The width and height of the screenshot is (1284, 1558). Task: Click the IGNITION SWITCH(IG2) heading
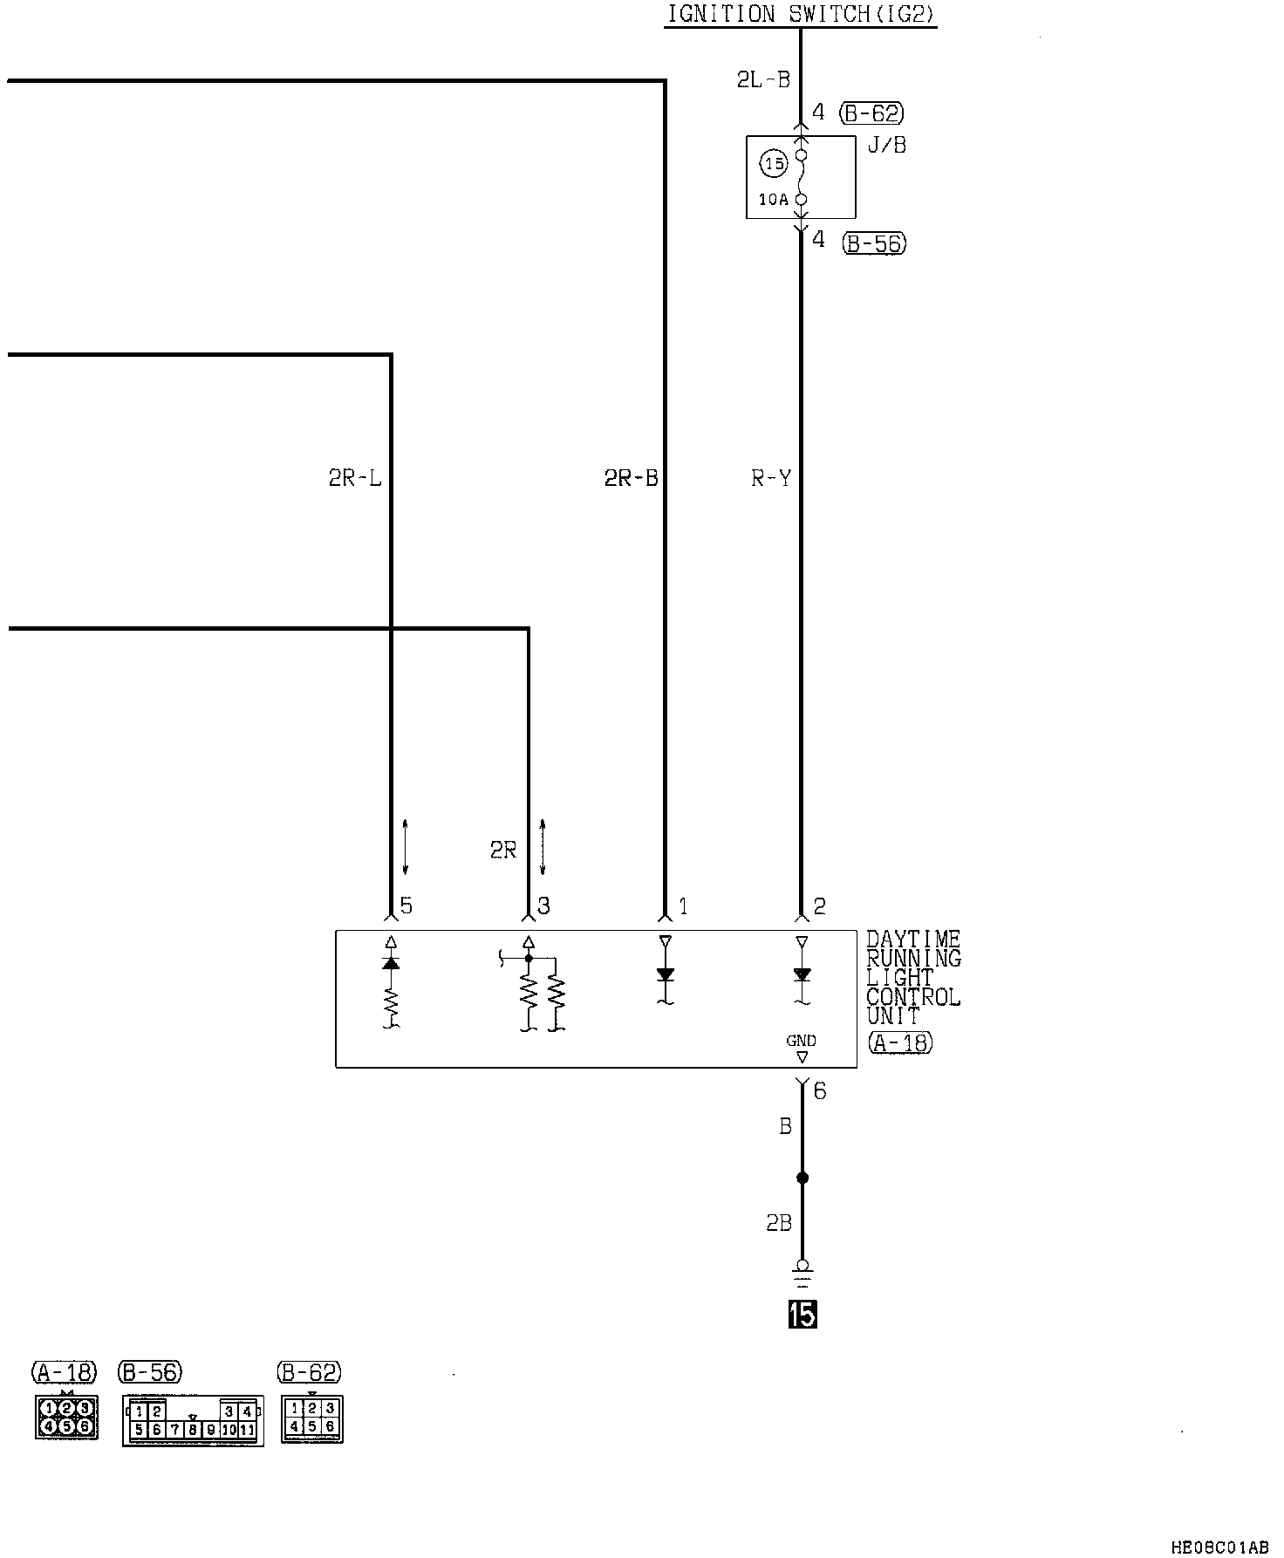[x=800, y=14]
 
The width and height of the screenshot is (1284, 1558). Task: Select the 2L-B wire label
[x=763, y=80]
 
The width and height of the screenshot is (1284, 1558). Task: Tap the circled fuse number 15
[x=774, y=163]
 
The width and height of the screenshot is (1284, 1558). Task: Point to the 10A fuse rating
[x=773, y=200]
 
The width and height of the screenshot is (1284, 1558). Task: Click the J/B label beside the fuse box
[x=887, y=146]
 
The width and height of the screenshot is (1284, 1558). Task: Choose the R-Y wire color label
[x=771, y=478]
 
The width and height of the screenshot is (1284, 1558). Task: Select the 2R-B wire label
[x=631, y=478]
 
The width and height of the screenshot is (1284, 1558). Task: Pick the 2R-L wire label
[x=355, y=478]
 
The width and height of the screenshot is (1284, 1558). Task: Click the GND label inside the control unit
[x=801, y=1041]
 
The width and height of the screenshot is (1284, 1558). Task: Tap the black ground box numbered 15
[x=802, y=1314]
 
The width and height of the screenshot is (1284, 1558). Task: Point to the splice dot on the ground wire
[x=802, y=1178]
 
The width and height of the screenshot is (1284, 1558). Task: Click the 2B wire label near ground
[x=779, y=1224]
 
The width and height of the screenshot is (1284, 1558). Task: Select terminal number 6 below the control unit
[x=819, y=1091]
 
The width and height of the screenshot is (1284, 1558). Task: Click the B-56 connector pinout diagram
[x=193, y=1420]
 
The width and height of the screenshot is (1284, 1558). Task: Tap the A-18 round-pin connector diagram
[x=66, y=1417]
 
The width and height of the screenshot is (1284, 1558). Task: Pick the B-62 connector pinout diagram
[x=311, y=1419]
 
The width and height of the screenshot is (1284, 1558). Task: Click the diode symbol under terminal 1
[x=665, y=974]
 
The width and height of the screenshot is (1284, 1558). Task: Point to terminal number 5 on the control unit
[x=406, y=906]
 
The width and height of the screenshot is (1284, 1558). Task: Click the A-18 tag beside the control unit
[x=900, y=1042]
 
